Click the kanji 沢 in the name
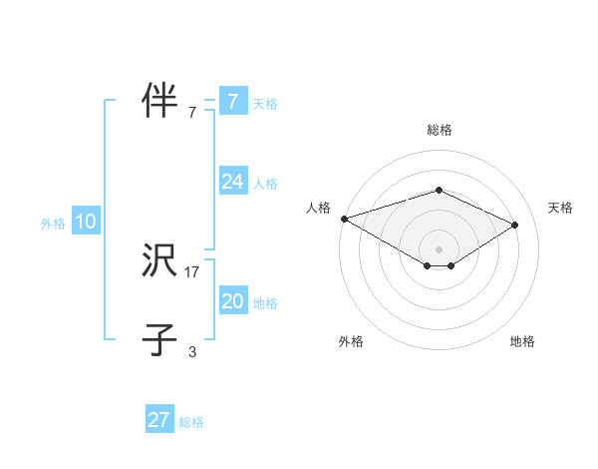159,261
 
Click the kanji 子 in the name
159,339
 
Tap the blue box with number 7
232,101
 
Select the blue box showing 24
232,182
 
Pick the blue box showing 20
232,301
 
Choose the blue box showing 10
86,222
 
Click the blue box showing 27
159,420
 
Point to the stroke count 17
192,271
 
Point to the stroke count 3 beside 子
192,351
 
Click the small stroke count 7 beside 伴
192,113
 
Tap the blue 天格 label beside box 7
265,103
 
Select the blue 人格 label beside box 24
265,184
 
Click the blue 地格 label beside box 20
265,303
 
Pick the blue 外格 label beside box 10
53,224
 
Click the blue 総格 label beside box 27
191,422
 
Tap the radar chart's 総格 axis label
439,130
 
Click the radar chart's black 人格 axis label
319,208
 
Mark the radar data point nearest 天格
515,225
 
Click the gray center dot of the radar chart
439,248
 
